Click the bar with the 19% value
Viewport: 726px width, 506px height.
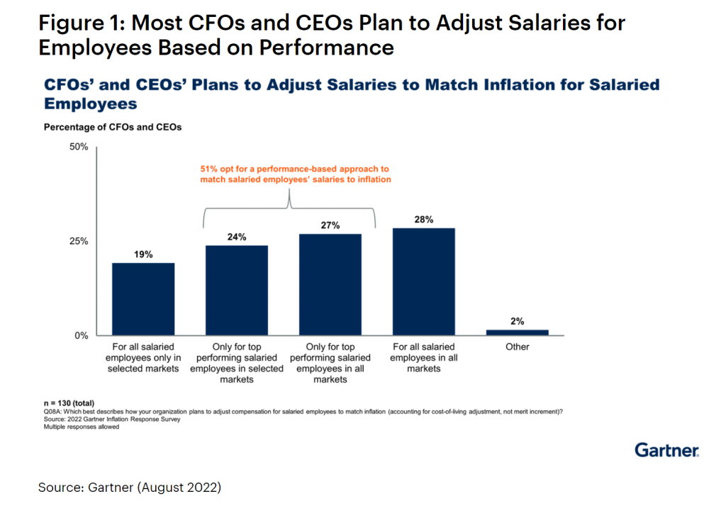pyautogui.click(x=143, y=298)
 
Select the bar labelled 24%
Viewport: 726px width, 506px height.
pyautogui.click(x=237, y=290)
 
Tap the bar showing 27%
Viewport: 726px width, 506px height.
pyautogui.click(x=330, y=284)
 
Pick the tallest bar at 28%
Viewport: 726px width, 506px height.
pyautogui.click(x=423, y=281)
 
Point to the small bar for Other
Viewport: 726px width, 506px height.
pyautogui.click(x=517, y=332)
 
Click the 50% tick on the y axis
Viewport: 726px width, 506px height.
pyautogui.click(x=78, y=147)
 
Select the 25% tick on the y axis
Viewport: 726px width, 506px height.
pyautogui.click(x=78, y=241)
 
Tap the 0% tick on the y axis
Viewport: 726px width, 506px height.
pyautogui.click(x=81, y=335)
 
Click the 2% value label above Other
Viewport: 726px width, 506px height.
pyautogui.click(x=517, y=321)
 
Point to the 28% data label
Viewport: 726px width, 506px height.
pyautogui.click(x=423, y=219)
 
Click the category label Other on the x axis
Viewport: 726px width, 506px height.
pyautogui.click(x=517, y=347)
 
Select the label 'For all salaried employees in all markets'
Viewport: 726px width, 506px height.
pyautogui.click(x=423, y=358)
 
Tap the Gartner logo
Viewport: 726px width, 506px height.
pyautogui.click(x=666, y=450)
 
